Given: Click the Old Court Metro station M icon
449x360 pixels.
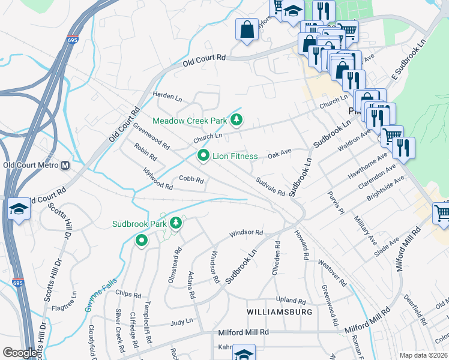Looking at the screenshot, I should tap(65, 165).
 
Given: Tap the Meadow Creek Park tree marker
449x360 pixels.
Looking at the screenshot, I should tap(237, 121).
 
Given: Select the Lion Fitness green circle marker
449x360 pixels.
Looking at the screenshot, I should tap(203, 156).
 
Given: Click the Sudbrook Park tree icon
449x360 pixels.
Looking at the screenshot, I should tap(175, 224).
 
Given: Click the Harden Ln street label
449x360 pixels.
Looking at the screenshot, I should tap(167, 96).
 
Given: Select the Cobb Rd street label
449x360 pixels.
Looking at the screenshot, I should tap(191, 180).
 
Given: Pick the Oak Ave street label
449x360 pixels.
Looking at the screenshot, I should tap(279, 154).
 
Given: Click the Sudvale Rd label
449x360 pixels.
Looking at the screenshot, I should tap(270, 186).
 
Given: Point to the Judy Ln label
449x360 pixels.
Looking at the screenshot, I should tap(181, 322).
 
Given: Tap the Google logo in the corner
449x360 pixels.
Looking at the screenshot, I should tap(20, 352).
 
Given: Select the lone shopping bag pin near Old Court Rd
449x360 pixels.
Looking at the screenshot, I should tap(247, 29).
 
